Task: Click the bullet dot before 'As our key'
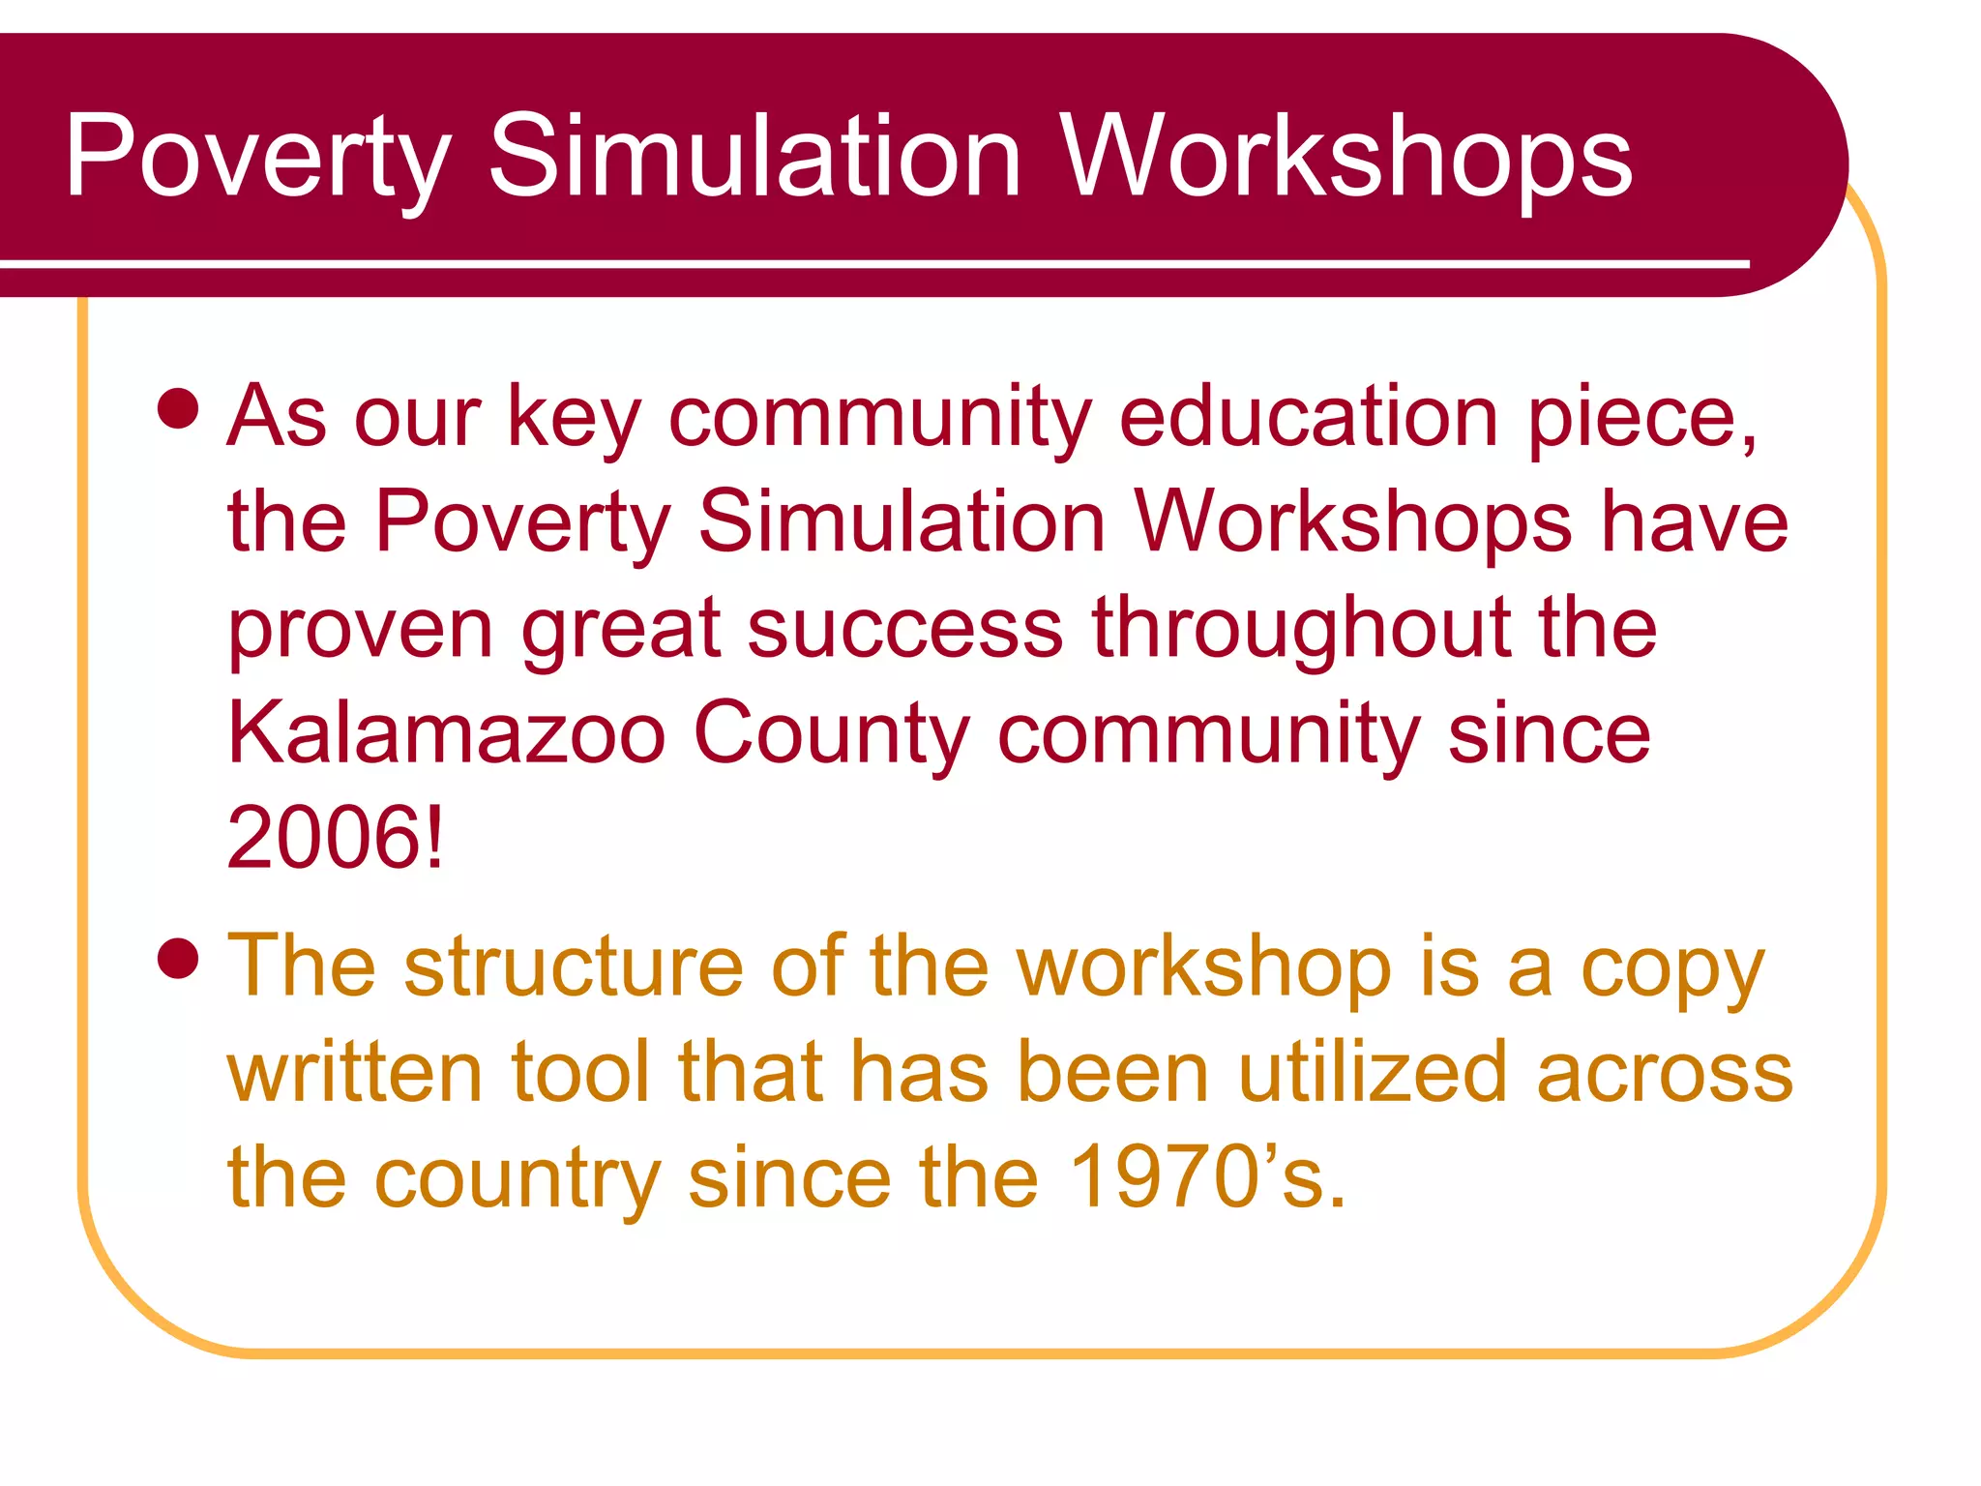(178, 408)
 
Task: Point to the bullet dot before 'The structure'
(178, 959)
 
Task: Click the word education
(1309, 418)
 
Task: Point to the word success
(905, 629)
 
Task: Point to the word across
(1665, 1074)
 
